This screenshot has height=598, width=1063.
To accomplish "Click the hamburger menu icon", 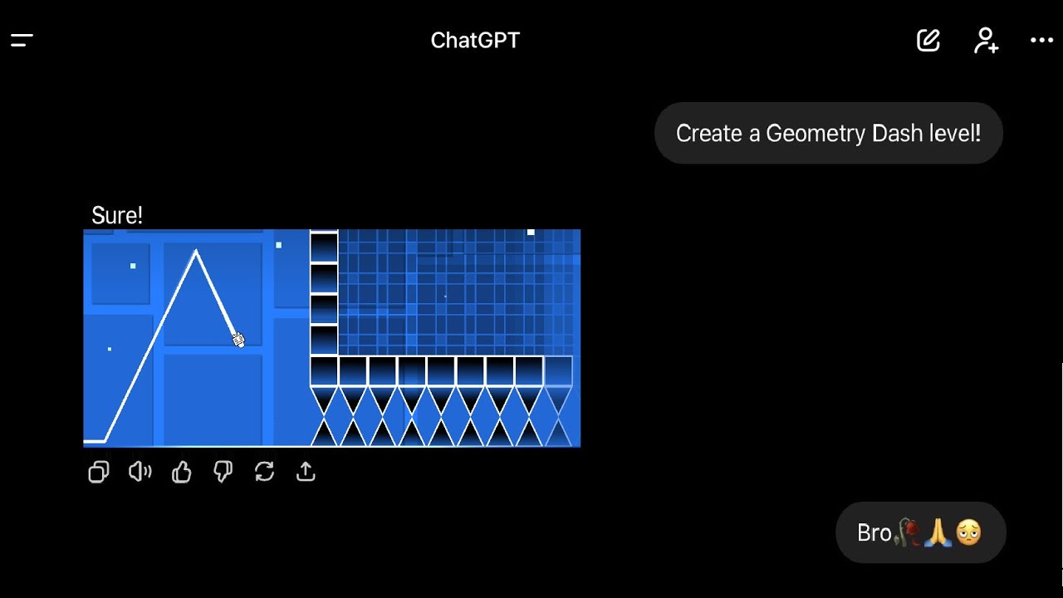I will [22, 40].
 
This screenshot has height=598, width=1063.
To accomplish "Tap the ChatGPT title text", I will [475, 40].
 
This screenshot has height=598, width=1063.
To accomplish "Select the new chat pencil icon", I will [928, 40].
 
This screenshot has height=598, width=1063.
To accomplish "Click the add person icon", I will [986, 40].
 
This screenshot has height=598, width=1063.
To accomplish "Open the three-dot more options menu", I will [1041, 40].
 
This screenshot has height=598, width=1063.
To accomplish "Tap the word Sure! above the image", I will [117, 216].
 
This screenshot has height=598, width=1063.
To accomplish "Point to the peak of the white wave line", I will [196, 251].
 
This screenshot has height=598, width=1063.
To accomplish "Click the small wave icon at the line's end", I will [238, 339].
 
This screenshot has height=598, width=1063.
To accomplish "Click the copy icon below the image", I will [99, 473].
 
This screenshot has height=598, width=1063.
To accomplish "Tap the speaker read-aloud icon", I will [140, 473].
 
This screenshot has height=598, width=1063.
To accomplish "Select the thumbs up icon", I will [182, 473].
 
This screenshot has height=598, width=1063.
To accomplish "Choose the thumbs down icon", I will [223, 473].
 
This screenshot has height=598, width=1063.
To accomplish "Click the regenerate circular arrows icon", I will [264, 473].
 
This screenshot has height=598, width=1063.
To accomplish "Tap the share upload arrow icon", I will [306, 473].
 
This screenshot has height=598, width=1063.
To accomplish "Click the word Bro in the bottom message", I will [874, 532].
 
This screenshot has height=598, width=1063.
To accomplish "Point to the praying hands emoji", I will [938, 532].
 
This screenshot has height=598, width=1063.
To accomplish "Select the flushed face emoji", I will [968, 532].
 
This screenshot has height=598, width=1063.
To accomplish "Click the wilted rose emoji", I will [909, 532].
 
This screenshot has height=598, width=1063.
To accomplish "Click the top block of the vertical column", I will [324, 247].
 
